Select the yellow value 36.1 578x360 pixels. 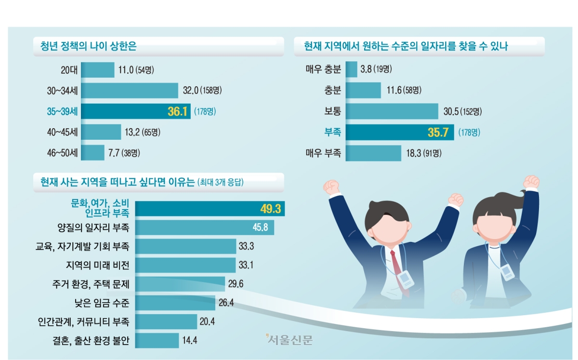click(x=177, y=112)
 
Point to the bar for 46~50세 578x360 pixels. click(x=93, y=153)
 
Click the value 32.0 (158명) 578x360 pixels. click(x=202, y=91)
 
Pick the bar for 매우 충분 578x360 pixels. click(x=351, y=69)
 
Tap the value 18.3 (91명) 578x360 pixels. click(x=423, y=153)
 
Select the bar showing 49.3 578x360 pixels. click(x=210, y=209)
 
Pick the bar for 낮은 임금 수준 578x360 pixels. click(x=175, y=303)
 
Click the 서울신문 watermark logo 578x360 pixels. click(x=289, y=339)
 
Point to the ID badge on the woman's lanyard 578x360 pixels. click(x=507, y=271)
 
